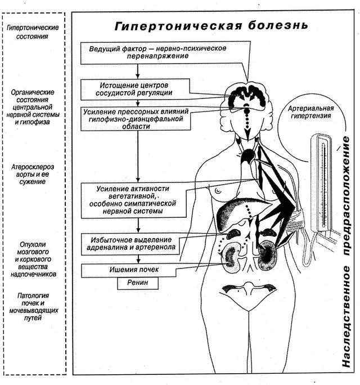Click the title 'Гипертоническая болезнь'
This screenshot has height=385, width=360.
(x=211, y=26)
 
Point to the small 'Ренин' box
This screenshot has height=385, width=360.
(x=138, y=283)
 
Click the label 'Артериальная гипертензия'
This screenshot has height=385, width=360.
(x=310, y=112)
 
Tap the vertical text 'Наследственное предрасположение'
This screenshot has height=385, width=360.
(x=346, y=252)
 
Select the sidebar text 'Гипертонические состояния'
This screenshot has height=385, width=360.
(x=33, y=32)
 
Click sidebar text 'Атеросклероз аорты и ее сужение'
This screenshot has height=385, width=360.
(x=33, y=174)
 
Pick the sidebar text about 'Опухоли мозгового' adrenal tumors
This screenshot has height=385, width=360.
(x=33, y=259)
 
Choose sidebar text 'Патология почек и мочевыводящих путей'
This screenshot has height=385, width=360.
(x=33, y=307)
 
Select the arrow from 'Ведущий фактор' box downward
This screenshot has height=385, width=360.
(x=138, y=71)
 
